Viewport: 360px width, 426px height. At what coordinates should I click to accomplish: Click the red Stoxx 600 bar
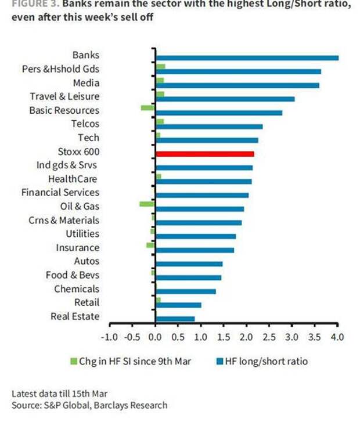pyautogui.click(x=204, y=154)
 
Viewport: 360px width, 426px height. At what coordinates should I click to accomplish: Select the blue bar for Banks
pyautogui.click(x=247, y=57)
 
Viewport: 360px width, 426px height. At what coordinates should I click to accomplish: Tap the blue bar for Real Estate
pyautogui.click(x=175, y=319)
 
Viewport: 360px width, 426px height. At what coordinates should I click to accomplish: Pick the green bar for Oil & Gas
pyautogui.click(x=147, y=204)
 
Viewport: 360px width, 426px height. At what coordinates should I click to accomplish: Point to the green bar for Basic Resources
pyautogui.click(x=147, y=107)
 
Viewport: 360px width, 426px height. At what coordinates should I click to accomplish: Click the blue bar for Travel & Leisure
pyautogui.click(x=225, y=99)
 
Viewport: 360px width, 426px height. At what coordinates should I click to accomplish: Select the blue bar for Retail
pyautogui.click(x=178, y=305)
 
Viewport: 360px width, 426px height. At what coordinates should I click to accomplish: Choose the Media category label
pyautogui.click(x=86, y=82)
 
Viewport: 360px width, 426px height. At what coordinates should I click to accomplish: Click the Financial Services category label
pyautogui.click(x=60, y=192)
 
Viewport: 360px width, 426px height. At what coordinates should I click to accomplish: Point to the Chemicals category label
pyautogui.click(x=77, y=288)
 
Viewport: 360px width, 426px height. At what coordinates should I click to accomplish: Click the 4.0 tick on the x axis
pyautogui.click(x=337, y=337)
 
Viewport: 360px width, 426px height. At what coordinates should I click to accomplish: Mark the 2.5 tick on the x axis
pyautogui.click(x=269, y=337)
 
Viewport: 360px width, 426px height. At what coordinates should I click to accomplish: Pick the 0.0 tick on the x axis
pyautogui.click(x=155, y=337)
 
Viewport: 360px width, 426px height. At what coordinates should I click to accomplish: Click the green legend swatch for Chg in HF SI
pyautogui.click(x=73, y=362)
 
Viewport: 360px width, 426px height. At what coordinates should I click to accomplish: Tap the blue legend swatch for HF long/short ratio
pyautogui.click(x=221, y=362)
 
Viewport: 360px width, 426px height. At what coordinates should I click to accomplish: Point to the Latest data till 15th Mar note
pyautogui.click(x=60, y=393)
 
